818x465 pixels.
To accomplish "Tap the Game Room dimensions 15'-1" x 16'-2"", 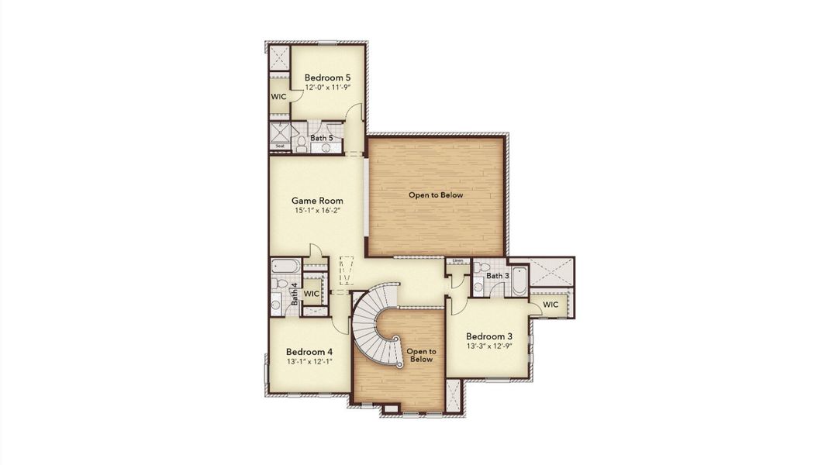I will pos(318,211).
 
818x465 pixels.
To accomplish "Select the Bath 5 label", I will pos(322,138).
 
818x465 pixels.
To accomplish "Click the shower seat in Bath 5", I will pos(279,146).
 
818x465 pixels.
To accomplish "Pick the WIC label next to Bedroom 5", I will pos(278,97).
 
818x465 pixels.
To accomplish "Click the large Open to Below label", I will pos(436,195).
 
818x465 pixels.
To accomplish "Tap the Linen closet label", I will pos(457,261).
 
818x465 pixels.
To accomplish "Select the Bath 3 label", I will pos(498,276).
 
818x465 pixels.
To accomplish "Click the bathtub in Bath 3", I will pos(518,281).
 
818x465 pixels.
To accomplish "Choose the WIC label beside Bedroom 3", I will pos(551,305).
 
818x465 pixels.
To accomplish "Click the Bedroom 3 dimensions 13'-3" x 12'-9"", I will pos(488,346).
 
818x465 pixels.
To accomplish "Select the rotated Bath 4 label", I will pos(294,294).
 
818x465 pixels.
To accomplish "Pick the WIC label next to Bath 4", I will pos(312,294).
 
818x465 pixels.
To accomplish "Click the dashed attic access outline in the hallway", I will pos(346,271).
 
